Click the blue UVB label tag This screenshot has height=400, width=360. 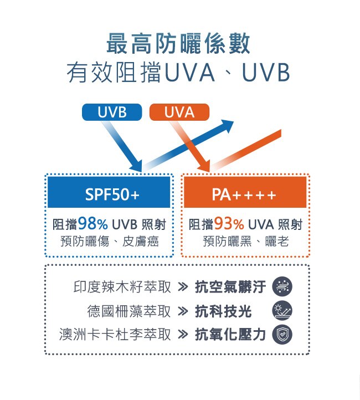(112, 112)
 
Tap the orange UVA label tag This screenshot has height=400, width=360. (179, 112)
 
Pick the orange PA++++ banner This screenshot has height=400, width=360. (244, 194)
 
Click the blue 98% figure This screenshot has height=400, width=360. (93, 224)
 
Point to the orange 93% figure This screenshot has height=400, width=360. (229, 224)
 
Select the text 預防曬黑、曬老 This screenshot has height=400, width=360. (245, 242)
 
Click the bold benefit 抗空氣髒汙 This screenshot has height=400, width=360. (230, 287)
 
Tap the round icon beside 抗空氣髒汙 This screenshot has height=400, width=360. (282, 287)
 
